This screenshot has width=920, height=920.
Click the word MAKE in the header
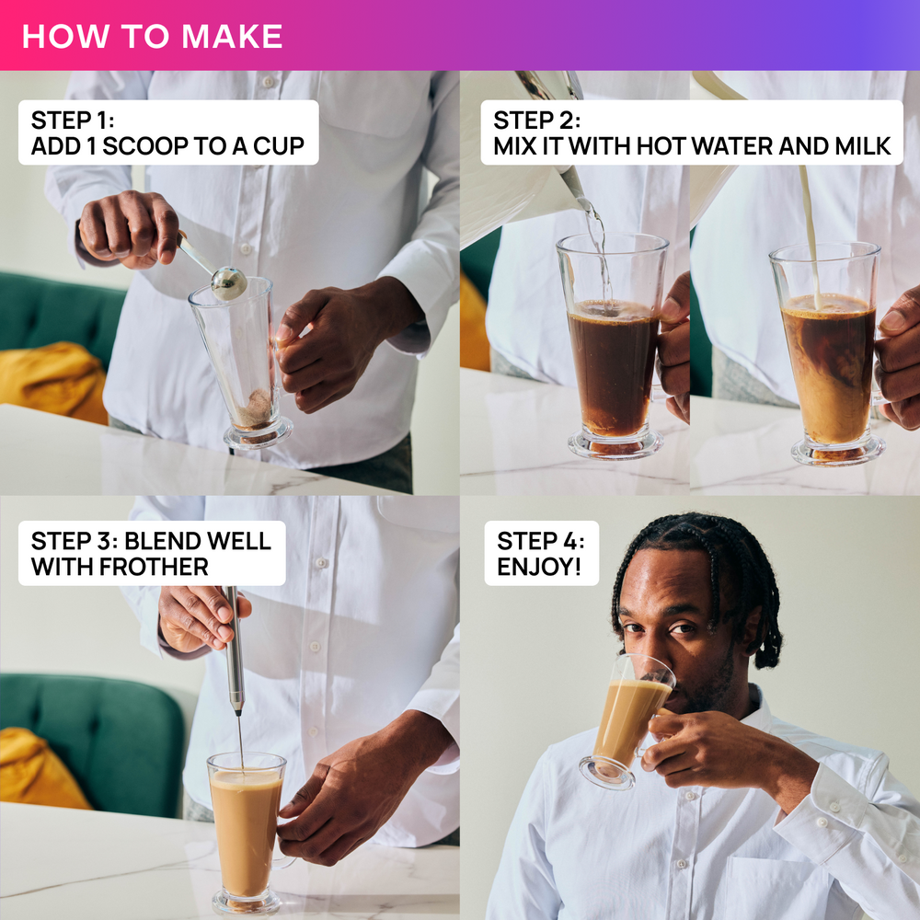point(233,37)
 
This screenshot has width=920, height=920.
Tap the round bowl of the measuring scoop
point(229,283)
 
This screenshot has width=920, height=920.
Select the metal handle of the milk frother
point(234,650)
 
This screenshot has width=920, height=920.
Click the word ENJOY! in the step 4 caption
point(539,567)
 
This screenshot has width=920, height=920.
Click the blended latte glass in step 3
point(247,834)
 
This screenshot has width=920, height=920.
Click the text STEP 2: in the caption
point(537,121)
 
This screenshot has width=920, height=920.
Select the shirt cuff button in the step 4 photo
point(822,822)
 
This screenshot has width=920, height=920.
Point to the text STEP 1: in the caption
point(73,121)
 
